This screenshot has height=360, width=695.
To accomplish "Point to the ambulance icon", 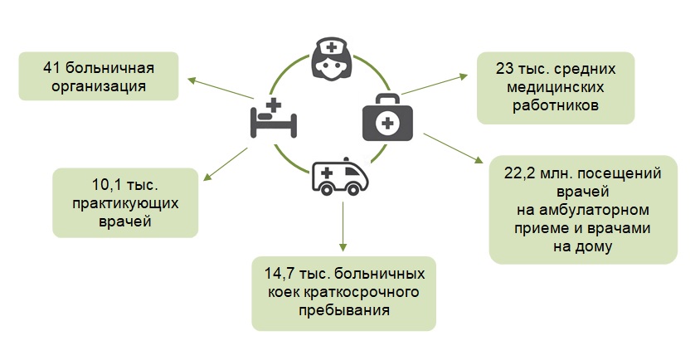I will tap(339, 178).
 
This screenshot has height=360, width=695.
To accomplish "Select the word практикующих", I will tap(125, 203).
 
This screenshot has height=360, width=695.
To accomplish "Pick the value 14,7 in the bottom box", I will tap(284, 274).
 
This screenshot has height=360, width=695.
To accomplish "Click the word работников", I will tap(556, 105).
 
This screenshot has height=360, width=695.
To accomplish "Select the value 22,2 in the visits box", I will tap(521, 173).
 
